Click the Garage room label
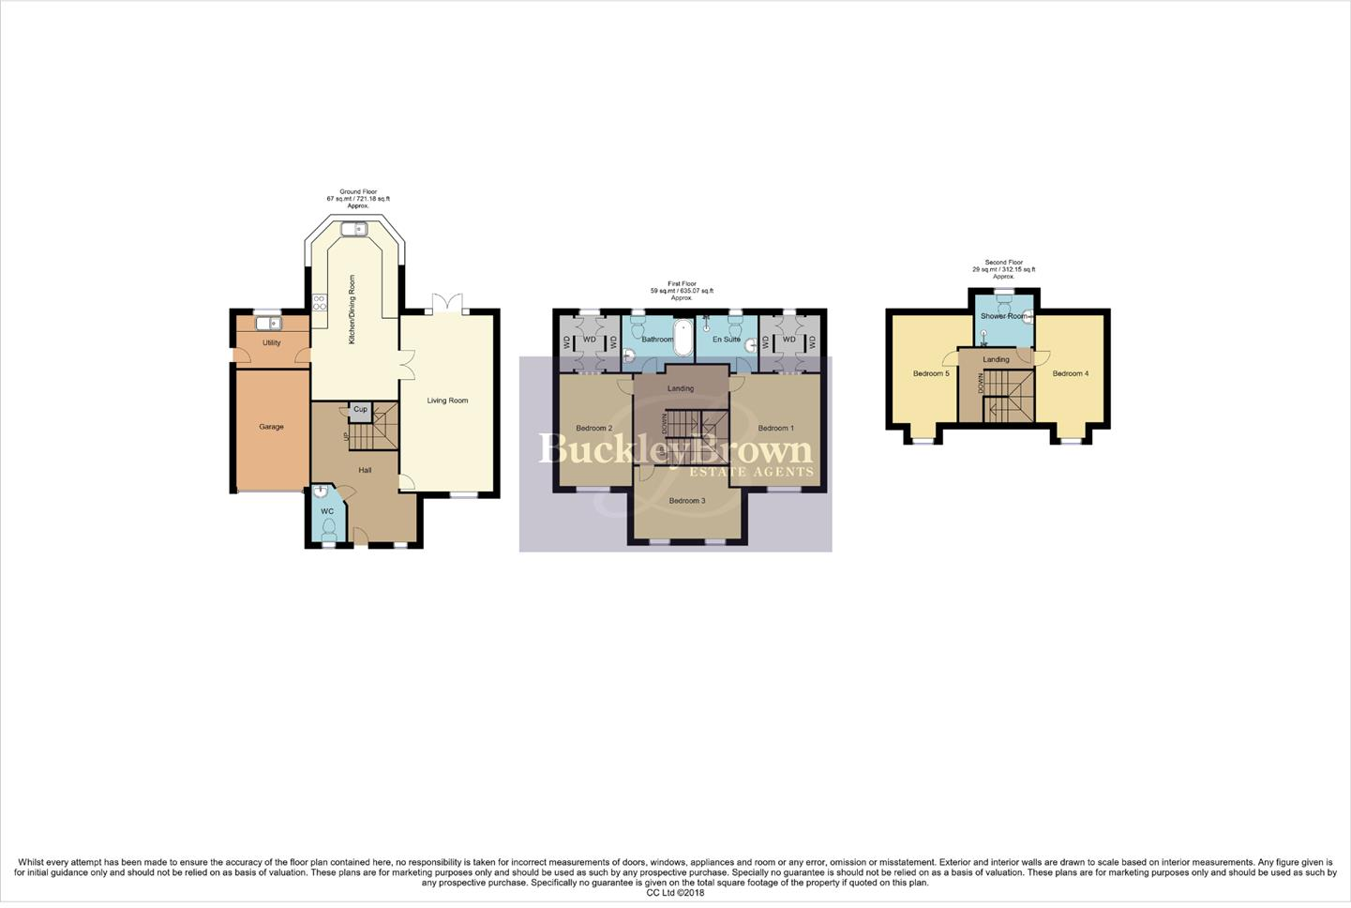pos(271,427)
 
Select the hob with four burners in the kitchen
pos(319,302)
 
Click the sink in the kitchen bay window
pos(354,228)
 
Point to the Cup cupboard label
pos(360,410)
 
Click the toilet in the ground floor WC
pos(327,530)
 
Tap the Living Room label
pos(447,401)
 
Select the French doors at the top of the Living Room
pos(448,305)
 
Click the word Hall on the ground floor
pos(366,469)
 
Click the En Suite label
pos(726,340)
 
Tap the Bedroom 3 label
pos(687,501)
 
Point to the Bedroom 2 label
pos(593,429)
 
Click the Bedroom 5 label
pos(931,373)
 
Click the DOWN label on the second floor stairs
pos(981,384)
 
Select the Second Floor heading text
pos(1003,263)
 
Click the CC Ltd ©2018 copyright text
pos(675,893)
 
